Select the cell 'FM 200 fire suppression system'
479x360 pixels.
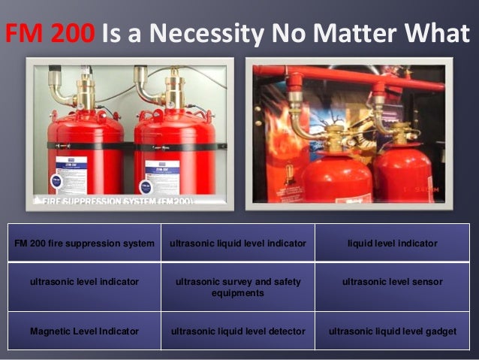coord(85,244)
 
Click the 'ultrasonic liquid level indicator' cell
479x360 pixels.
coord(238,244)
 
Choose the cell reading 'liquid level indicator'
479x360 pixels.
coord(392,244)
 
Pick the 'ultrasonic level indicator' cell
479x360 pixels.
coord(85,282)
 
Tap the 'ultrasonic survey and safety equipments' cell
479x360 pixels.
coord(238,287)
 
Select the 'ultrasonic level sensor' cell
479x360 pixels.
coord(392,282)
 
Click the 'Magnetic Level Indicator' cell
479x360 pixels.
coord(85,331)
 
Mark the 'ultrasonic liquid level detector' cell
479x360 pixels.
coord(238,331)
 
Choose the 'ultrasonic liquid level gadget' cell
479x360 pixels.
coord(392,331)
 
